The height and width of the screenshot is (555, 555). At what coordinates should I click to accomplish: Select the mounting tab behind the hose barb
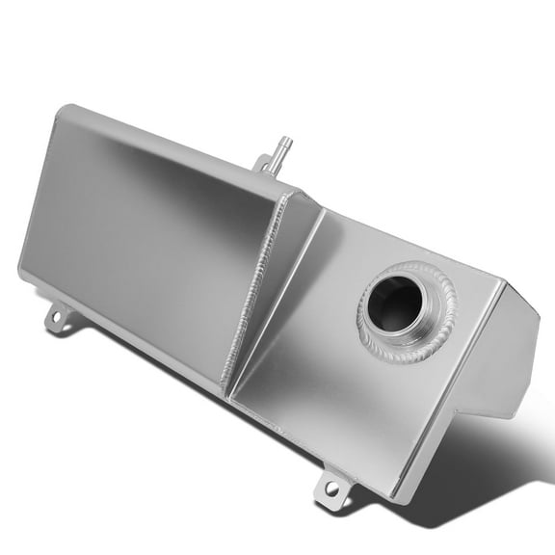pos(261,165)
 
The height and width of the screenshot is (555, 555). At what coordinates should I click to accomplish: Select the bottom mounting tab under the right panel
pos(332,487)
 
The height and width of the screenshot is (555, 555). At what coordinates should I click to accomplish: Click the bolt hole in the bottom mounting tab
pos(332,489)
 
